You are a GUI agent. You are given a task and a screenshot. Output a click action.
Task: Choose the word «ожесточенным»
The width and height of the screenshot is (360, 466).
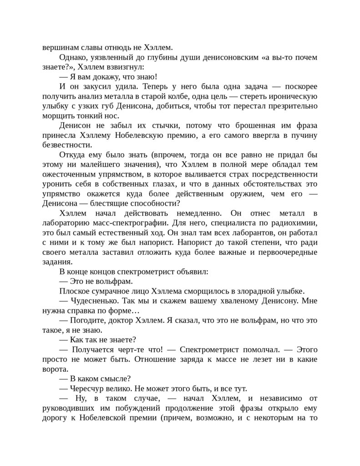click(70, 174)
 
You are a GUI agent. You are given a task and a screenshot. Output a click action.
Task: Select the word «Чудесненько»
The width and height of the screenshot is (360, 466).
click(94, 301)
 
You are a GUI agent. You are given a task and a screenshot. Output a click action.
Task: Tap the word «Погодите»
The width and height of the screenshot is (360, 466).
click(88, 321)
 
